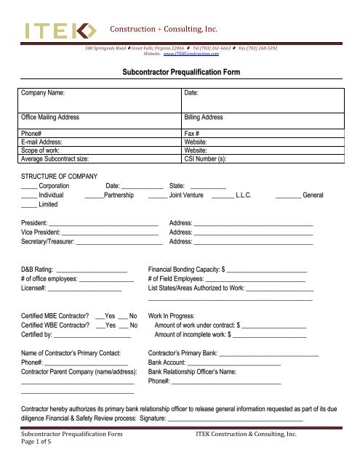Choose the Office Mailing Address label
click(60, 116)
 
